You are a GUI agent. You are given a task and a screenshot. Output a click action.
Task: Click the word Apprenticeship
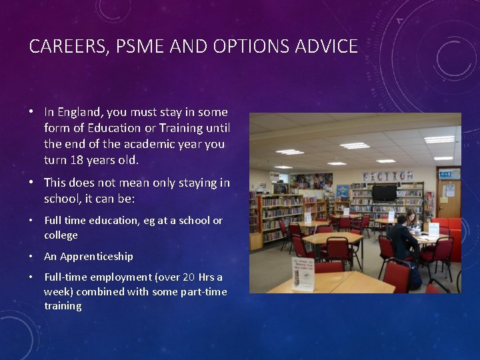tap(96, 256)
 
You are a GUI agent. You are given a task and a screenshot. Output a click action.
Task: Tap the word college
tap(61, 235)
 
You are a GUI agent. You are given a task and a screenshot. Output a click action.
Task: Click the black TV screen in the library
tap(384, 193)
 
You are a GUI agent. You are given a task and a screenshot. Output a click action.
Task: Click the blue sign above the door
tap(445, 173)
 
